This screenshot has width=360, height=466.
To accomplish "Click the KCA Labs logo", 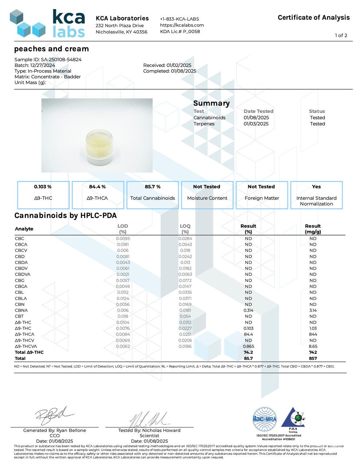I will (47, 24).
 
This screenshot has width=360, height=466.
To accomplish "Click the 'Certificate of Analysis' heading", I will (313, 17).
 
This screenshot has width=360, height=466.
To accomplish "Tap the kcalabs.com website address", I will (182, 25).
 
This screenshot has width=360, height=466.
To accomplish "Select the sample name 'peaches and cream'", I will (51, 49).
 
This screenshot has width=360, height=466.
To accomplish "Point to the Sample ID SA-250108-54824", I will (48, 59).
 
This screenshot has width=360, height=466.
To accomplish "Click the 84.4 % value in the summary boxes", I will (97, 187).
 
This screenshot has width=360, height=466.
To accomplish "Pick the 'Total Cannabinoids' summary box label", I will (153, 198).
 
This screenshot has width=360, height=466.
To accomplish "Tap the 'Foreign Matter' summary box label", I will (262, 198).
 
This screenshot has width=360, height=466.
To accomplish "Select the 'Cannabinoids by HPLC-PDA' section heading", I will (66, 216).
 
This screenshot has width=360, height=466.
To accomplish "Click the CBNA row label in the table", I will (21, 311).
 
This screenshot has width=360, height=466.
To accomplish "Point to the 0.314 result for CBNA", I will (248, 311).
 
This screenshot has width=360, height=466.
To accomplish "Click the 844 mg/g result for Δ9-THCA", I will (313, 334).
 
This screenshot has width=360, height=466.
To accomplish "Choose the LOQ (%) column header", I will (185, 229).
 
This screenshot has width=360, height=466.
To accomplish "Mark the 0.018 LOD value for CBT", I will (123, 316).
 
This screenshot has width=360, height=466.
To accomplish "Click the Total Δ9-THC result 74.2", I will (248, 352).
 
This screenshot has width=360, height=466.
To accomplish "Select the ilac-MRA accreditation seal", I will (265, 419).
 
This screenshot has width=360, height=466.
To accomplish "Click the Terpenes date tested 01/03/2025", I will (256, 124).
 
